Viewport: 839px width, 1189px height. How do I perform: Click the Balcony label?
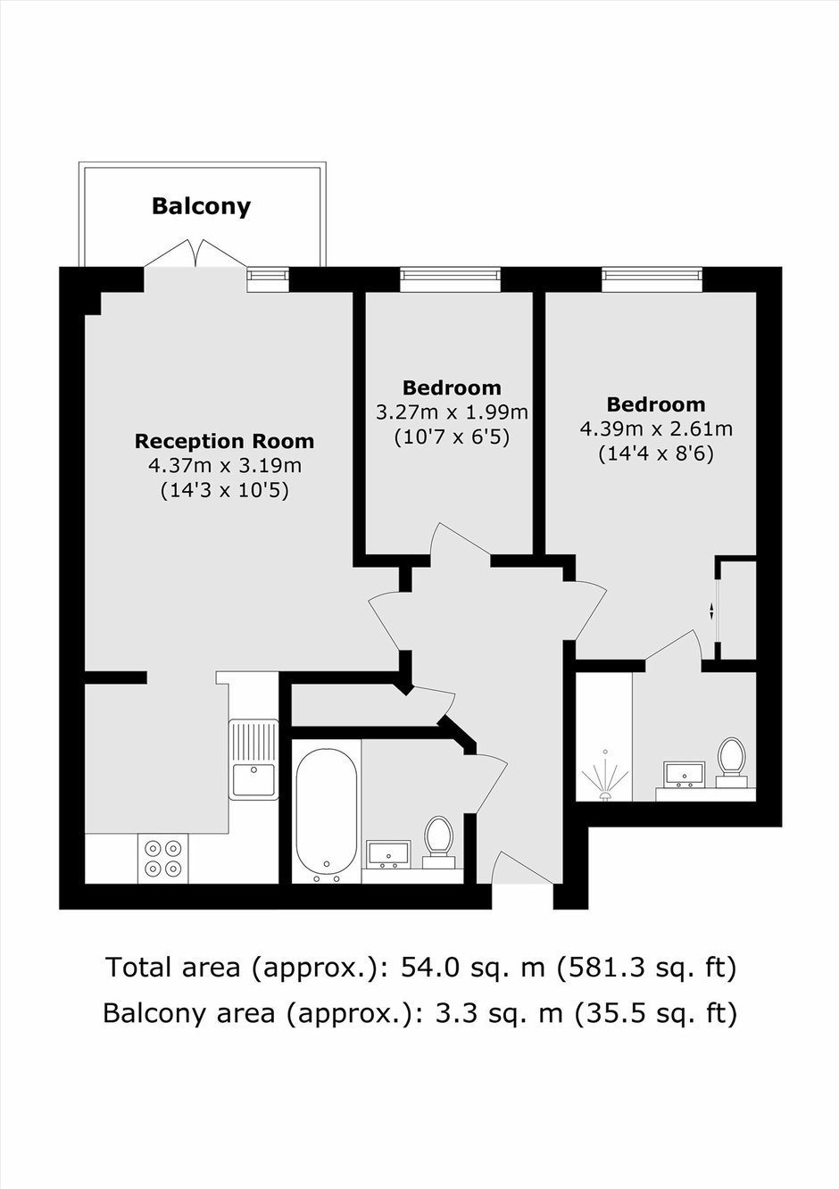[201, 206]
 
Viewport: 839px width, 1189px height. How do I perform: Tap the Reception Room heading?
[224, 441]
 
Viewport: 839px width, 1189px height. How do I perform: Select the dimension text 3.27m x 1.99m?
[453, 412]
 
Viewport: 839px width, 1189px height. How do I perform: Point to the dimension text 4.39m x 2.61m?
[656, 428]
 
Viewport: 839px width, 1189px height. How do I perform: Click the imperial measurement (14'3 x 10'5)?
[224, 490]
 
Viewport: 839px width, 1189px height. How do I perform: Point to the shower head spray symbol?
[604, 776]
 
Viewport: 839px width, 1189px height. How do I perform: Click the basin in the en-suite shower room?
[685, 774]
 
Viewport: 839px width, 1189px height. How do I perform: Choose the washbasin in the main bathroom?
[389, 854]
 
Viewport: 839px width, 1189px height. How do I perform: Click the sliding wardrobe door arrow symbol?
[712, 611]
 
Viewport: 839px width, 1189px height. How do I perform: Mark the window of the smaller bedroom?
[451, 279]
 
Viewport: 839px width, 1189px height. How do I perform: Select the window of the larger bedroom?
[652, 279]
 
